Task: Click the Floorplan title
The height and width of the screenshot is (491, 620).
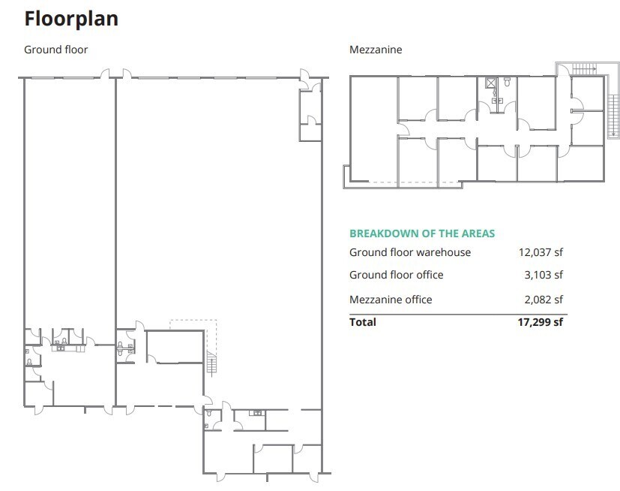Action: point(71,18)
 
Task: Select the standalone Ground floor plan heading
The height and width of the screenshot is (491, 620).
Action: point(55,50)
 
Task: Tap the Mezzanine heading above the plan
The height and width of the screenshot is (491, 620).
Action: point(376,50)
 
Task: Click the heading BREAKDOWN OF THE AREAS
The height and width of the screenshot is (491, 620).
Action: point(422,233)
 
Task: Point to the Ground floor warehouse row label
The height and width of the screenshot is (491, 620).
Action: point(410,252)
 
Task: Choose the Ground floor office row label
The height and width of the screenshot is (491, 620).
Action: point(396,275)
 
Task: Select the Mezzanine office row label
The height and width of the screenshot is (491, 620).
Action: point(391,300)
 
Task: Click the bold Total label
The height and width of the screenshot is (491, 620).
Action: point(363,322)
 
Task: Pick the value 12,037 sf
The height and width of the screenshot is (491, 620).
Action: point(541,252)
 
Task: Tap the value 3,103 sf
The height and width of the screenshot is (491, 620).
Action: point(544,275)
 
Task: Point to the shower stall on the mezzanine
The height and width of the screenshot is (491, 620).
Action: point(491,83)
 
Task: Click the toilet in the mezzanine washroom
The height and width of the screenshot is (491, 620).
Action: point(508,83)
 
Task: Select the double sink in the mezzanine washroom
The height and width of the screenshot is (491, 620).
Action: point(496,99)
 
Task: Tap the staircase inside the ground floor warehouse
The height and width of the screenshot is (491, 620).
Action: point(211,365)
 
